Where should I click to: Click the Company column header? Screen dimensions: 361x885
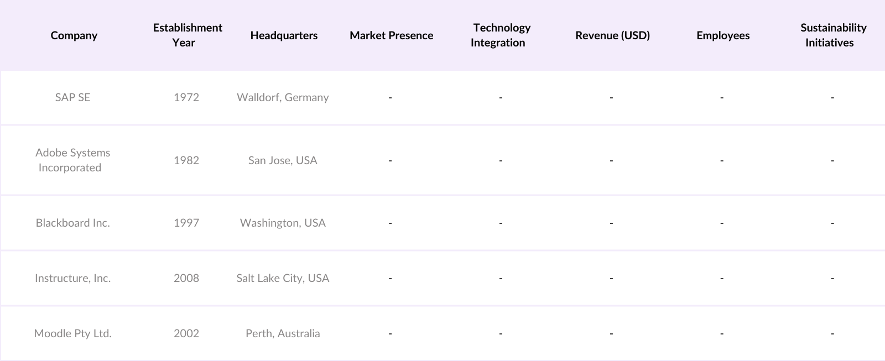pos(74,35)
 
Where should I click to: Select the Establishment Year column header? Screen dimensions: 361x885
pos(187,35)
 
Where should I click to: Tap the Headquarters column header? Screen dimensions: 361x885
pos(284,35)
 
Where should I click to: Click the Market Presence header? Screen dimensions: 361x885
pos(391,35)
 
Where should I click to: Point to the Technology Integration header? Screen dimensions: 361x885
pos(500,35)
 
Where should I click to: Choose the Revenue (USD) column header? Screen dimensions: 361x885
pos(612,35)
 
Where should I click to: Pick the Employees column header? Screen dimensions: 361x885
pos(723,35)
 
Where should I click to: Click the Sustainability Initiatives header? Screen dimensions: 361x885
pos(832,35)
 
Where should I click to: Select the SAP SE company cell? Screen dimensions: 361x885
pos(72,97)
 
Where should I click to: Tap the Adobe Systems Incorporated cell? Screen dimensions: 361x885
pos(72,160)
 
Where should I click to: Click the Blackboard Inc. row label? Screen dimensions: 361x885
pos(72,223)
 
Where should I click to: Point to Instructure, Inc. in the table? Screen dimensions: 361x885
pos(72,278)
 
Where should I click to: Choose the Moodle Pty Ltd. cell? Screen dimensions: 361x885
pos(72,333)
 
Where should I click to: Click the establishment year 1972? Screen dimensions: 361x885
pos(186,97)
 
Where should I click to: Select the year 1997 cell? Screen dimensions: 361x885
pos(186,223)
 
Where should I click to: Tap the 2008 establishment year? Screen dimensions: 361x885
pos(186,278)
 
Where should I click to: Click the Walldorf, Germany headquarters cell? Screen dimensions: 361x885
pos(283,97)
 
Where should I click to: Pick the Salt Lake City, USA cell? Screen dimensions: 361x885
pos(283,278)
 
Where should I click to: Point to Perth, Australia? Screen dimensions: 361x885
pos(283,333)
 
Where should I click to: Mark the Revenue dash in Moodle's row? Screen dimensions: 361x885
pos(611,333)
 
